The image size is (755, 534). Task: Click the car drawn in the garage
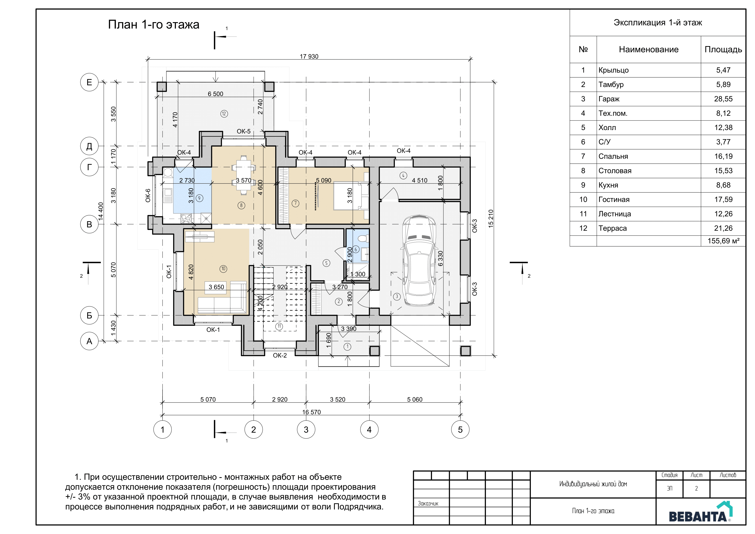[x=419, y=260]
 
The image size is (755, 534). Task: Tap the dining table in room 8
[x=243, y=175]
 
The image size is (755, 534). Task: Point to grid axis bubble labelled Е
[x=89, y=82]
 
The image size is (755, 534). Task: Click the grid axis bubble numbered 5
[x=460, y=429]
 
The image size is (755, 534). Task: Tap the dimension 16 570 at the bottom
[x=311, y=412]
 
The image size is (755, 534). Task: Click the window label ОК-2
[x=280, y=355]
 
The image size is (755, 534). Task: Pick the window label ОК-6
[x=148, y=195]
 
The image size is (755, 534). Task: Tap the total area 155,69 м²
[x=724, y=241]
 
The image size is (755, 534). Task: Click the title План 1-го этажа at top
[x=154, y=25]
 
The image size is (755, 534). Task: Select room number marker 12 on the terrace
[x=224, y=114]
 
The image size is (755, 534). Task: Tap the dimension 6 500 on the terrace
[x=215, y=94]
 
